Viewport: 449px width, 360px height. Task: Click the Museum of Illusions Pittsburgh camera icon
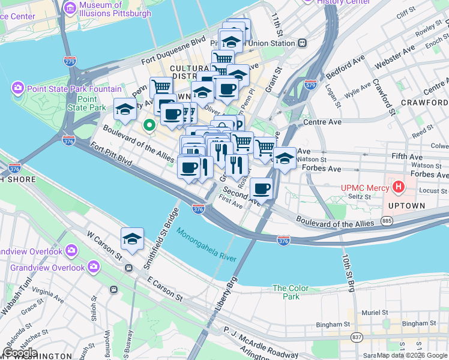[70, 8]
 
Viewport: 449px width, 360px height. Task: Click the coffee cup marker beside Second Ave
[261, 188]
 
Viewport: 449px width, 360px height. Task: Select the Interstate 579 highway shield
[310, 85]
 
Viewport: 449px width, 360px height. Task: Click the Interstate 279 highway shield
[70, 61]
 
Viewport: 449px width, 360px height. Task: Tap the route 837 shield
[357, 337]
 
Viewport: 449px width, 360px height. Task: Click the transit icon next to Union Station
[302, 43]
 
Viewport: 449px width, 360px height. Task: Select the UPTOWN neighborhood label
[408, 206]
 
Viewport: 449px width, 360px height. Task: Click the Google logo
[20, 353]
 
